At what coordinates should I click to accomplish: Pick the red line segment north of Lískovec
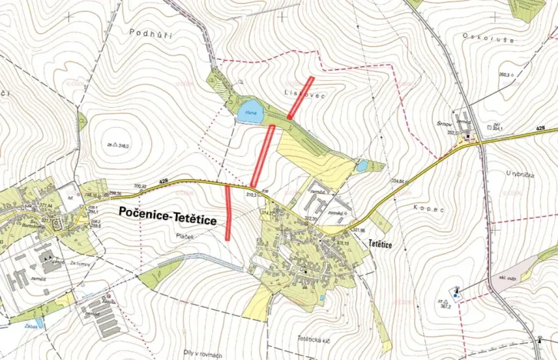pos(300,97)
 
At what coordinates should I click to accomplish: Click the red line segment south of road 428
pos(229,213)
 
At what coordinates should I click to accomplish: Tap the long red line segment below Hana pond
pos(263,155)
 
